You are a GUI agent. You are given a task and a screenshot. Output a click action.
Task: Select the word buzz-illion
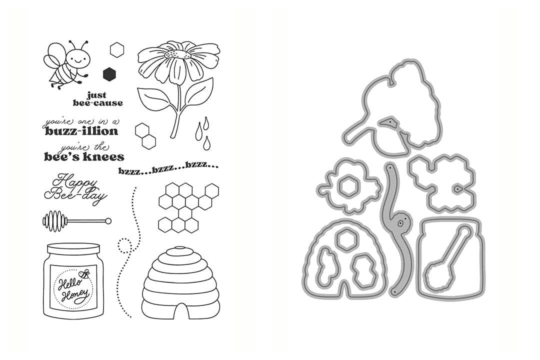tap(81, 131)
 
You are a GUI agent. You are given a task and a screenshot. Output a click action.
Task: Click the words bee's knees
tap(84, 157)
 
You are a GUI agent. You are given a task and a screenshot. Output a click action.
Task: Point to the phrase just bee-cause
tap(98, 99)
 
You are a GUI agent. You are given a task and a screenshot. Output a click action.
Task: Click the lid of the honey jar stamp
tap(73, 249)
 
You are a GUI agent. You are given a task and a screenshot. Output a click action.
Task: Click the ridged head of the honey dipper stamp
tap(53, 220)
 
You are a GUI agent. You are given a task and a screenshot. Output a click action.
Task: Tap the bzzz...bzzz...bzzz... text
tap(168, 168)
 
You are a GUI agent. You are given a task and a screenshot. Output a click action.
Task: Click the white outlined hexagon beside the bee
tap(117, 49)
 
